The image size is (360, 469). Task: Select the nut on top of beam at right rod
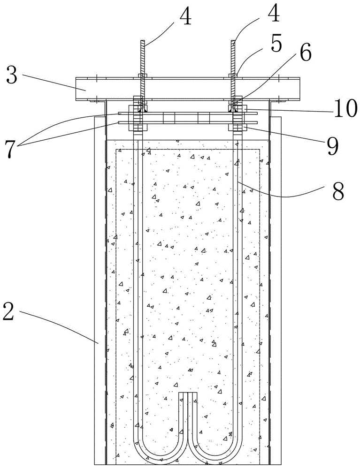pos(233,76)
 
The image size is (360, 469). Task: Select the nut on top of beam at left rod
pos(142,76)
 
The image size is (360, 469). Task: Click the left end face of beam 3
pos(75,88)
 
